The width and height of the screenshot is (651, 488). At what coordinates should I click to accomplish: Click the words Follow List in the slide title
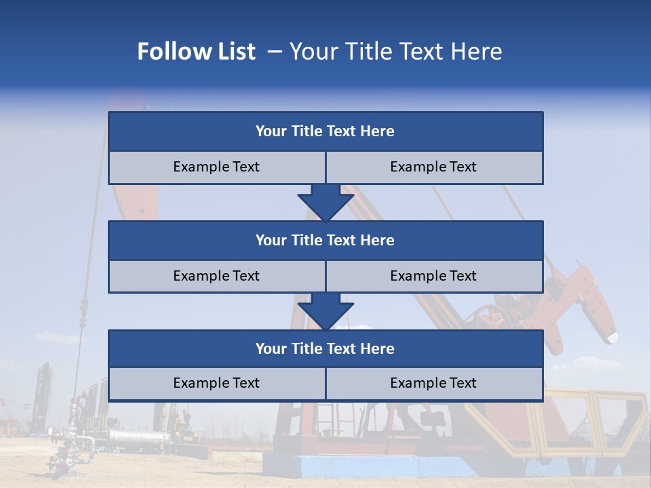click(196, 52)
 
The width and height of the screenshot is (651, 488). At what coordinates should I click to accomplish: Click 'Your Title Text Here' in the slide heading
click(395, 52)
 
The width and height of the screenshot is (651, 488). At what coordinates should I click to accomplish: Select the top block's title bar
click(325, 131)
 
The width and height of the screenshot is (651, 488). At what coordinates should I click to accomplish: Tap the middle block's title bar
click(325, 240)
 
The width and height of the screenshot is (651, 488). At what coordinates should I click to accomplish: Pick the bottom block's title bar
click(325, 348)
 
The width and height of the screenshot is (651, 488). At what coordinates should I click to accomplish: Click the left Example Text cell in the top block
click(216, 167)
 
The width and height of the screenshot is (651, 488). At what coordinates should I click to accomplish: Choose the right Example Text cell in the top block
click(433, 167)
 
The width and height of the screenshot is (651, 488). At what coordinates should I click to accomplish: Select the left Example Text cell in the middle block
click(216, 276)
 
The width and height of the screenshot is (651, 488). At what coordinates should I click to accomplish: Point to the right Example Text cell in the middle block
click(433, 276)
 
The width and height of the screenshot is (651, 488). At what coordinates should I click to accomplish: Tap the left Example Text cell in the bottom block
click(216, 383)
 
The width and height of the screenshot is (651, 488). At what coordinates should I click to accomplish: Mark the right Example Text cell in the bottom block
click(433, 383)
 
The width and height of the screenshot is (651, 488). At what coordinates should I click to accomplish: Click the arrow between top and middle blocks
click(325, 202)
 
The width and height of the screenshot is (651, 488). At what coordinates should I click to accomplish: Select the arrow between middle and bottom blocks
click(325, 311)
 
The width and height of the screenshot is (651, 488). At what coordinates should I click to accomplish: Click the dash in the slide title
click(274, 52)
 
